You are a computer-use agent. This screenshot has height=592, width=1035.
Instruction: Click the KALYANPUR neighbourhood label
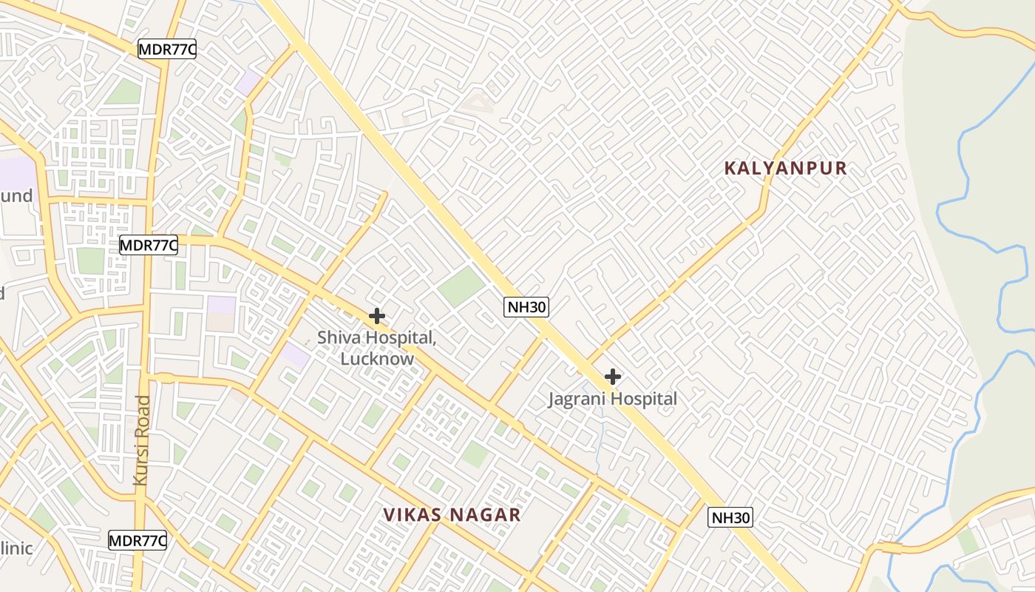(785, 168)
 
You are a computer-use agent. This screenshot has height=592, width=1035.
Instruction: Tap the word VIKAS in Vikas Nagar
(413, 515)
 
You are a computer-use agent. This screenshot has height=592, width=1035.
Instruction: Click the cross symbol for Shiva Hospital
(377, 316)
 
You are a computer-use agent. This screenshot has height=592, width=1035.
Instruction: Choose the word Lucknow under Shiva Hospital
(377, 359)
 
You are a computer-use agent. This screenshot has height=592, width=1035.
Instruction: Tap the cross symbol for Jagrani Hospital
(612, 377)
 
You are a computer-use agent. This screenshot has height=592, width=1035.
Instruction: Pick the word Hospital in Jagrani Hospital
(645, 400)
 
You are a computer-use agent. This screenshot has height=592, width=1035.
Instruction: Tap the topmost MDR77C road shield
(167, 50)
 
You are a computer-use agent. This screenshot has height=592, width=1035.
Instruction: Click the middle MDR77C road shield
(149, 245)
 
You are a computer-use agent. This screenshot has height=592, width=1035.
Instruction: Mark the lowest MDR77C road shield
(138, 540)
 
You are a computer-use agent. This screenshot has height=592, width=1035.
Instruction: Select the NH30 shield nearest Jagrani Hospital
(526, 307)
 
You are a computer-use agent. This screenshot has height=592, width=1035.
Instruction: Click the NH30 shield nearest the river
(730, 517)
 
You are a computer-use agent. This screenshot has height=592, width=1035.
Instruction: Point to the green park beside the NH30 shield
(461, 286)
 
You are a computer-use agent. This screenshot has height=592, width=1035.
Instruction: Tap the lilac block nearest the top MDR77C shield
(249, 82)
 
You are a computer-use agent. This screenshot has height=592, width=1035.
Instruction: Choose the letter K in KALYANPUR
(730, 168)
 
